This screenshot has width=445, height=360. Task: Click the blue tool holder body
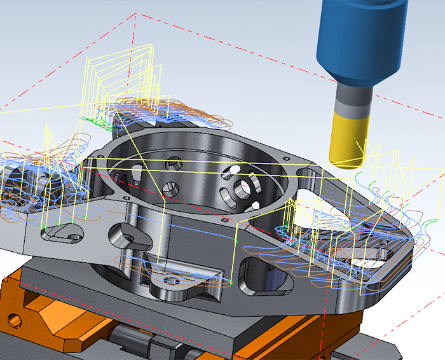pos(361,38)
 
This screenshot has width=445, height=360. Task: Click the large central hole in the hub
pos(242,188)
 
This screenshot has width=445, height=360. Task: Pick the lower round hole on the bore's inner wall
pos(170,189)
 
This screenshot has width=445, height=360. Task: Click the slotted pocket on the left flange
pos(61,237)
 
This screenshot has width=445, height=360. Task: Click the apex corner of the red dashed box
pos(135,14)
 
